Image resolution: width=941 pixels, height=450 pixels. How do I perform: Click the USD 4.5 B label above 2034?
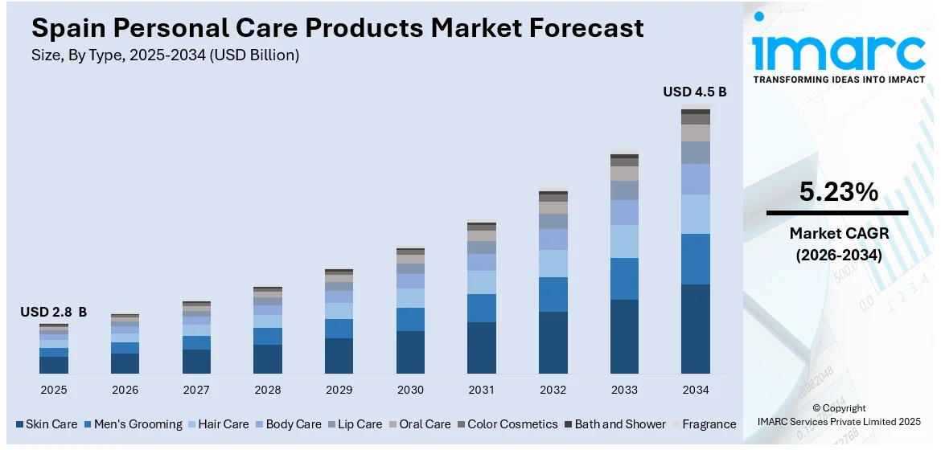(694, 92)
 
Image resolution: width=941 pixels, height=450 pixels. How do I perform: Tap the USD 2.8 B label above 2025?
(54, 312)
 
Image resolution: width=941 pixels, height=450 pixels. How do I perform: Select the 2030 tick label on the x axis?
(410, 390)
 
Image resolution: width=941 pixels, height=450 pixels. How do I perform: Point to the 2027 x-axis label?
(196, 390)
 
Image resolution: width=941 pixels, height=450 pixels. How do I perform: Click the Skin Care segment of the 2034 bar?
(696, 329)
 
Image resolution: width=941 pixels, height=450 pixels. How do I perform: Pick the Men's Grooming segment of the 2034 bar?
(696, 259)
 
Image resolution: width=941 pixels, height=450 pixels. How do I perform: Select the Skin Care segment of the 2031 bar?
(482, 347)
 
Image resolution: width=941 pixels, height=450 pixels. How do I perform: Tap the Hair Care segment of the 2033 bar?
(624, 241)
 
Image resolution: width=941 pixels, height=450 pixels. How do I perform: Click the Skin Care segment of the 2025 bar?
(54, 365)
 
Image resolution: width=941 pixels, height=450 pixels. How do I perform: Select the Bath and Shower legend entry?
(614, 423)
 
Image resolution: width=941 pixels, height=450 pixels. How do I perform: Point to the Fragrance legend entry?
(704, 423)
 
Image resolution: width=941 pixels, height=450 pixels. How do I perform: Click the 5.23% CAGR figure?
(837, 191)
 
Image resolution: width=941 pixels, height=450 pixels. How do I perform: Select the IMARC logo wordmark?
(839, 51)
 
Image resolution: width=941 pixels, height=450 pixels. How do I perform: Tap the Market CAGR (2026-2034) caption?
(837, 244)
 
